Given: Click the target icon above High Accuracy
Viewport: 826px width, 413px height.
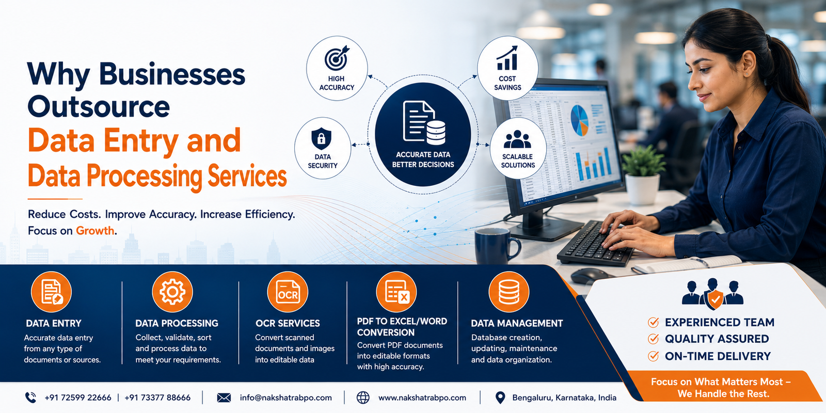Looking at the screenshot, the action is (336, 58).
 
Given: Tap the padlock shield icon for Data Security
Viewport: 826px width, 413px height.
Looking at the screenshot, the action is (321, 139).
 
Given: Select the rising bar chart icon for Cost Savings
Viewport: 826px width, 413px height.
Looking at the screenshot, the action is (507, 58).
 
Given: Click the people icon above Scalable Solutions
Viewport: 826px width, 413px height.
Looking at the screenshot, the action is (517, 139).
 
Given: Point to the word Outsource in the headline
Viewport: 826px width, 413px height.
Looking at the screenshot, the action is (99, 107).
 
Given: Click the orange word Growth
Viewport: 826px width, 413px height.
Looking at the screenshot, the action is (95, 231).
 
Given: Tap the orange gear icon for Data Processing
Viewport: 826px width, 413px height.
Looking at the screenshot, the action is (172, 292).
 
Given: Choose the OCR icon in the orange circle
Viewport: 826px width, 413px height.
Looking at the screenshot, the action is (288, 292).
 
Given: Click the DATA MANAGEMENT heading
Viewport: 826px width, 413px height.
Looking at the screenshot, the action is (517, 323).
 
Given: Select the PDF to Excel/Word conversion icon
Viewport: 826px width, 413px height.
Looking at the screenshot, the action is (396, 292).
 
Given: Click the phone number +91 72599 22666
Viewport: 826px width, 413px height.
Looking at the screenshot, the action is (78, 398).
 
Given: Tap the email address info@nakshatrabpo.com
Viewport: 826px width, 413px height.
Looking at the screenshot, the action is (286, 398).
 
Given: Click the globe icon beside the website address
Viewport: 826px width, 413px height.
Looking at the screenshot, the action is (363, 398).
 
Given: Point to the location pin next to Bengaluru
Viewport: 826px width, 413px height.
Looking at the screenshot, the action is (500, 398).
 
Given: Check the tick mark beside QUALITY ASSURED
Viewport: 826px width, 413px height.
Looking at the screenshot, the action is (653, 339).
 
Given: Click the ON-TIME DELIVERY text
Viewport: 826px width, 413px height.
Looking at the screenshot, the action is (718, 356).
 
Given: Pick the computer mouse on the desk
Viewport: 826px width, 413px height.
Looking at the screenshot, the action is (589, 276).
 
